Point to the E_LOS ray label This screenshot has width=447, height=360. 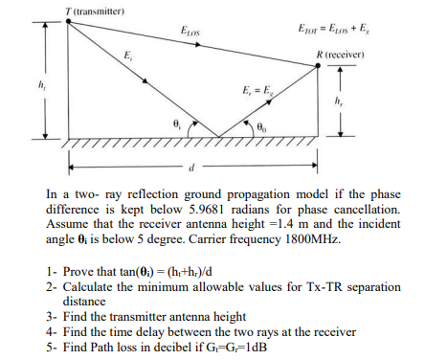point(189,36)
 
